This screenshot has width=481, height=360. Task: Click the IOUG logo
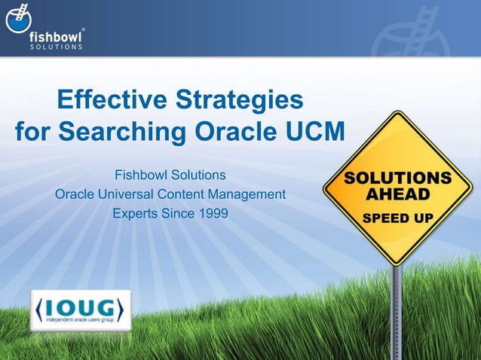click(x=81, y=309)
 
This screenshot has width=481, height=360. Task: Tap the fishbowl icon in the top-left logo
click(x=19, y=20)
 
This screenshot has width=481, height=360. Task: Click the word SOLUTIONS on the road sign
click(x=398, y=178)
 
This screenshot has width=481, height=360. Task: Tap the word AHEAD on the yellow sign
click(x=398, y=195)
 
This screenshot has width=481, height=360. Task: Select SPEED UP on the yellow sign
click(x=398, y=218)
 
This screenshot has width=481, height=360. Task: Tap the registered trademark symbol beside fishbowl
click(x=82, y=29)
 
